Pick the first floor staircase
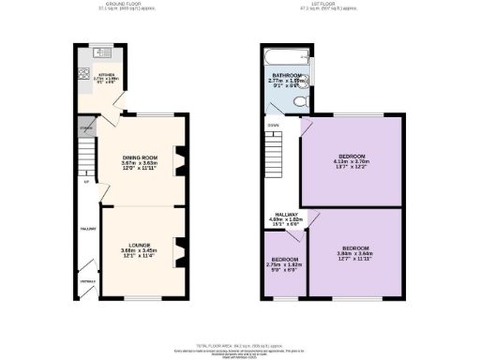click(x=275, y=150)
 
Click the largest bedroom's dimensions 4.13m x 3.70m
click(x=352, y=161)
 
